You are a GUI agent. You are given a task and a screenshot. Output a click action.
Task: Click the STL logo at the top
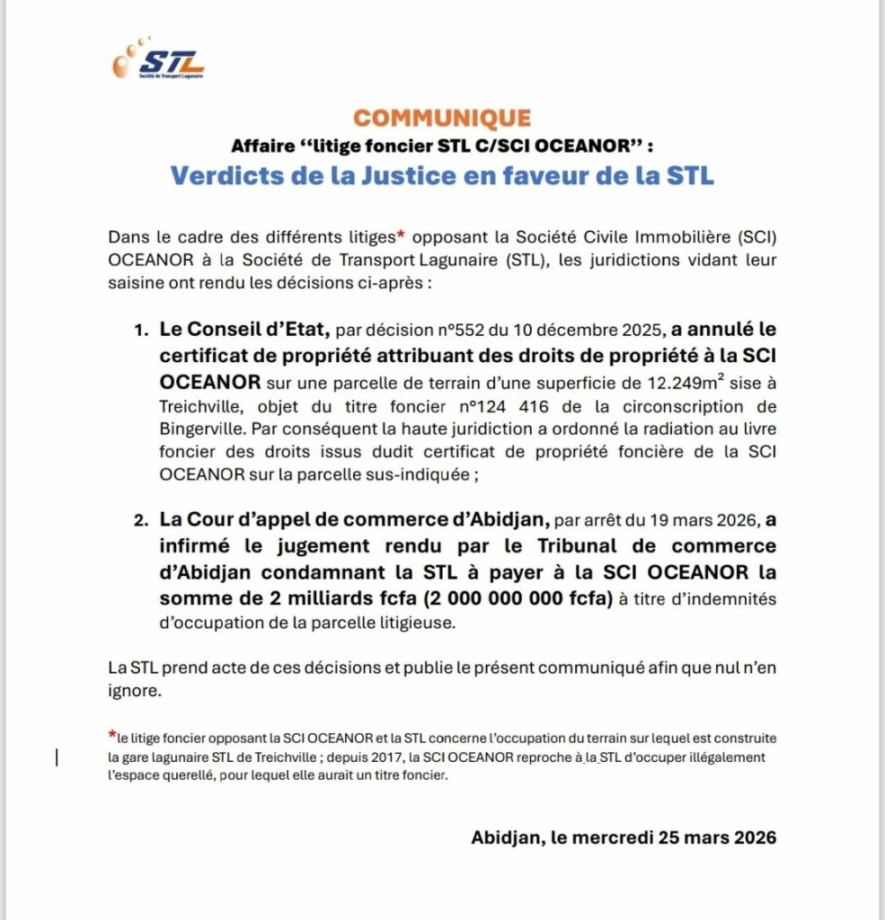point(160,61)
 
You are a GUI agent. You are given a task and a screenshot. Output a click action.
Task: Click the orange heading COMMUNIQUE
point(441,118)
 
